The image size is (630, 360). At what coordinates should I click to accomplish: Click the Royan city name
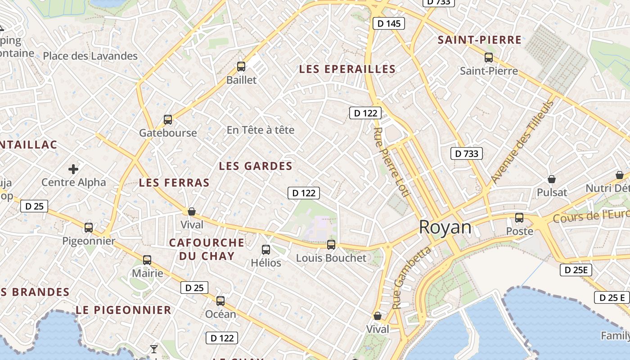tap(445, 228)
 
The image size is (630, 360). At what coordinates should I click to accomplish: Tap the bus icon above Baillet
tap(241, 67)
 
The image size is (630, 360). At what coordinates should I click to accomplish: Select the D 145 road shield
tap(389, 23)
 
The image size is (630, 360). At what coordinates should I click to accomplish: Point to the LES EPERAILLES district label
tap(347, 69)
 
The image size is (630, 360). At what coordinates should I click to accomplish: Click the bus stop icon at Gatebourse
tap(168, 120)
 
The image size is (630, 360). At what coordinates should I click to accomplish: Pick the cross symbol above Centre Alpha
tap(73, 169)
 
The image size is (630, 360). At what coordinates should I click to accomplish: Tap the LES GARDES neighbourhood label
tap(256, 166)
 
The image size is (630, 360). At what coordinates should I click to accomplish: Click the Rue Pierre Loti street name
tap(391, 162)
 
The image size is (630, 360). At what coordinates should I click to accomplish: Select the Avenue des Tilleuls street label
tap(522, 142)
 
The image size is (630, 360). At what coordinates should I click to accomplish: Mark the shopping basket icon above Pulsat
tap(552, 179)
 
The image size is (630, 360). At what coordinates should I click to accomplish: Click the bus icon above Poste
tap(519, 218)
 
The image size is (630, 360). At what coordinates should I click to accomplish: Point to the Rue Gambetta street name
tap(411, 278)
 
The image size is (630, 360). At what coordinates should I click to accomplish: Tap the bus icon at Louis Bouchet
tap(331, 245)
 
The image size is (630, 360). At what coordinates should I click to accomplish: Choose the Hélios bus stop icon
tap(266, 249)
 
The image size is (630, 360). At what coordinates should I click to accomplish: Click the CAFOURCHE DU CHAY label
tap(207, 249)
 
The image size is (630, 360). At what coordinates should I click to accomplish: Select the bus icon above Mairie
tap(147, 260)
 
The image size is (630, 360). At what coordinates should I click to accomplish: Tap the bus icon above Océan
tap(220, 301)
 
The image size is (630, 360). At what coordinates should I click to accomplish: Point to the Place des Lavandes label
tap(90, 56)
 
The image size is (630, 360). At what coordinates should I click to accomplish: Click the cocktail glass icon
tap(154, 349)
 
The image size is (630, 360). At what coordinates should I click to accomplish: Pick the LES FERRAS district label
tap(174, 182)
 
